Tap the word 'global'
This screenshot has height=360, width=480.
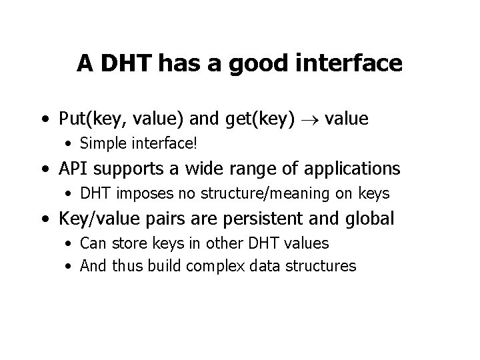point(369,219)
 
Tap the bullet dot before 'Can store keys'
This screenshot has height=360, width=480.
point(70,244)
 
